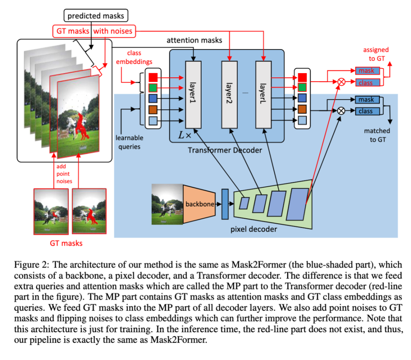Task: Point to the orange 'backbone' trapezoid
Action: tap(199, 204)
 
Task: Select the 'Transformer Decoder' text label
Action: tap(225, 150)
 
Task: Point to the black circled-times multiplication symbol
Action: tap(341, 110)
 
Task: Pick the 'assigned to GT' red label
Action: tap(376, 53)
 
